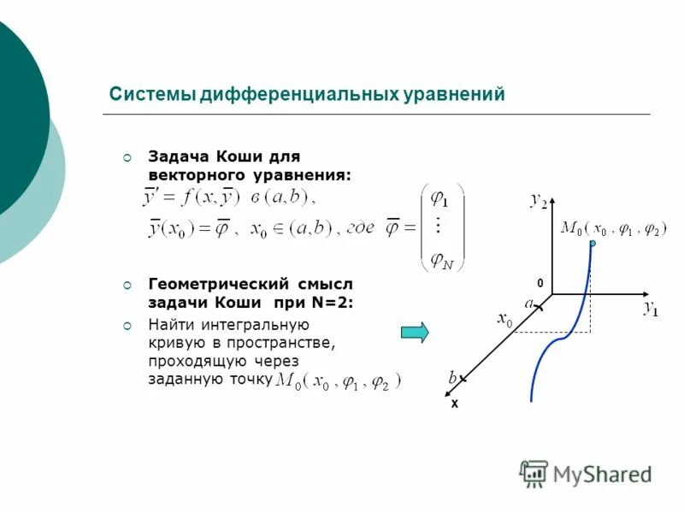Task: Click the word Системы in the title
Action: tap(152, 94)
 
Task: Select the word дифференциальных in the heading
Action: tap(298, 94)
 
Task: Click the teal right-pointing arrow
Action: tap(416, 332)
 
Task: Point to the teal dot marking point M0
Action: tap(592, 244)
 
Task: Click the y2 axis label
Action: tap(538, 200)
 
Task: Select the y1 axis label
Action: tap(651, 309)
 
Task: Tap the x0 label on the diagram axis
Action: tap(504, 320)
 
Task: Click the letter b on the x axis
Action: tap(452, 377)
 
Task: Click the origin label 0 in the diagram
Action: tap(540, 282)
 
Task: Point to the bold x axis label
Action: tap(455, 403)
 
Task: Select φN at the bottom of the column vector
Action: tap(442, 260)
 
